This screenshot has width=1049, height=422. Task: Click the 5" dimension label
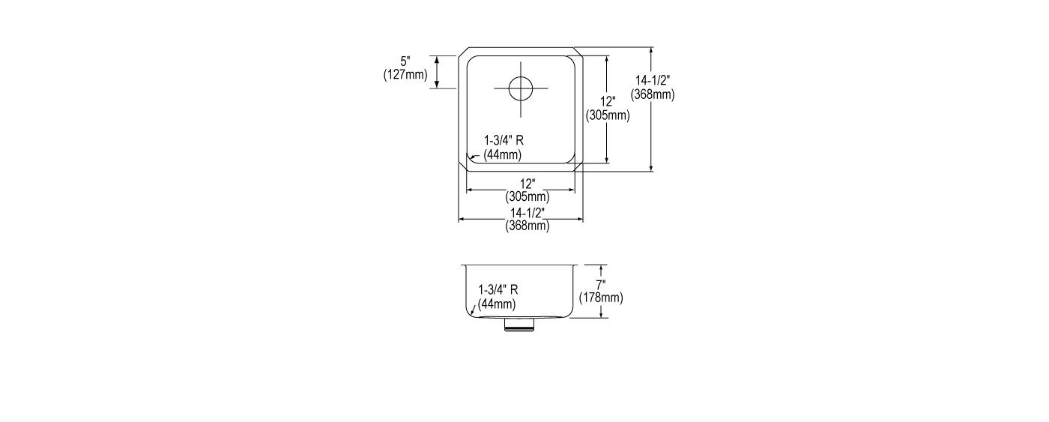pyautogui.click(x=405, y=61)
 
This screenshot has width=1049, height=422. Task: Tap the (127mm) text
pyautogui.click(x=405, y=74)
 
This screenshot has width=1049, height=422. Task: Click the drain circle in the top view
pyautogui.click(x=521, y=88)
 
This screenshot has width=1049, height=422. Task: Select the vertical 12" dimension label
pyautogui.click(x=608, y=102)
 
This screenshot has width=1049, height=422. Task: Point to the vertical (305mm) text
pyautogui.click(x=608, y=115)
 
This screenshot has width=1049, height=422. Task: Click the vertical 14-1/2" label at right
pyautogui.click(x=653, y=80)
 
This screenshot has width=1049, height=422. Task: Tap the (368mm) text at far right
pyautogui.click(x=653, y=94)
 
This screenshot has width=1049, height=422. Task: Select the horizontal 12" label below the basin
pyautogui.click(x=527, y=184)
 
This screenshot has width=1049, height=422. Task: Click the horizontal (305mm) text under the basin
pyautogui.click(x=527, y=196)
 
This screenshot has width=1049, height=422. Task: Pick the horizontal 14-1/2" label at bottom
pyautogui.click(x=527, y=213)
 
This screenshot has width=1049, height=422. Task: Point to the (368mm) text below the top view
pyautogui.click(x=527, y=226)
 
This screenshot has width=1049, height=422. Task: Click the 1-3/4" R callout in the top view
pyautogui.click(x=504, y=140)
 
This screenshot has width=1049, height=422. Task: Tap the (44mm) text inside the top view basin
pyautogui.click(x=503, y=154)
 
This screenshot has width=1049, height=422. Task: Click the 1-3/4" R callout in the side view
pyautogui.click(x=498, y=289)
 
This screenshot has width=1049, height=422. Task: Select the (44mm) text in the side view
pyautogui.click(x=497, y=304)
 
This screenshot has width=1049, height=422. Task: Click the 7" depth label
pyautogui.click(x=601, y=284)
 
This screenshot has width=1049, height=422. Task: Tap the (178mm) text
pyautogui.click(x=601, y=298)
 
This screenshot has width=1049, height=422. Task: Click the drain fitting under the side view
pyautogui.click(x=519, y=325)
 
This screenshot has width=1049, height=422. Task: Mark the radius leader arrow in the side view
pyautogui.click(x=474, y=309)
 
